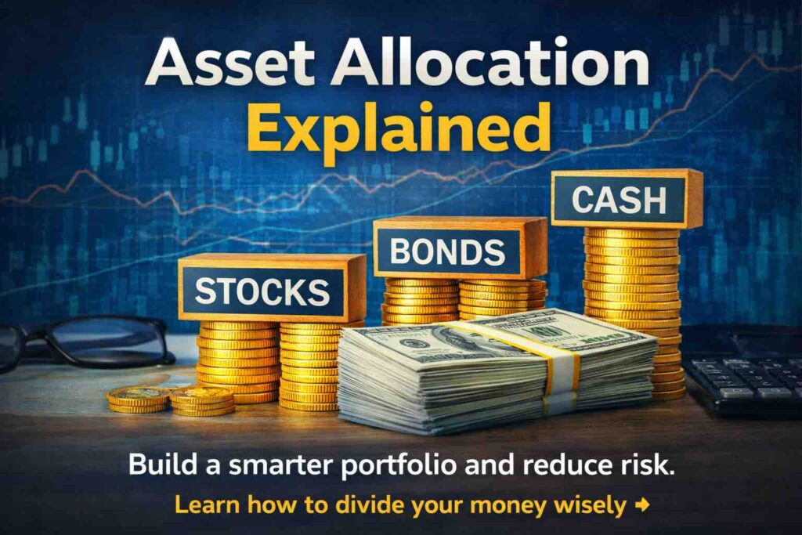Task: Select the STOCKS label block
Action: tap(272, 287)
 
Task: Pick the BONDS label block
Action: tap(460, 248)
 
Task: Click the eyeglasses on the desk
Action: tap(87, 342)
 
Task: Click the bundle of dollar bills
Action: tap(496, 368)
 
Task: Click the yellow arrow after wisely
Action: tap(642, 504)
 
